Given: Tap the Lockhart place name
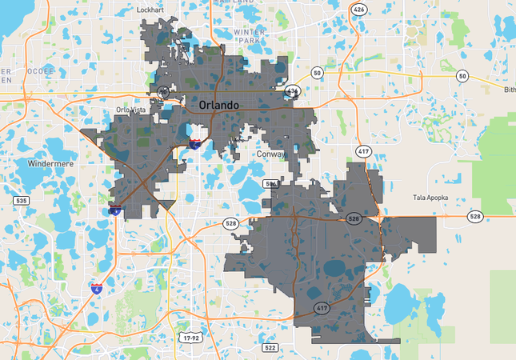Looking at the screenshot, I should (150, 10).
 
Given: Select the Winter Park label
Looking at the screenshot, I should (250, 35).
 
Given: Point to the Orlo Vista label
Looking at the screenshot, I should (134, 110).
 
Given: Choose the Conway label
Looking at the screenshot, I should (271, 153).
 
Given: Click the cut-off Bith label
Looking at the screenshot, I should (510, 90).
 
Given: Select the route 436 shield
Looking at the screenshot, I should (292, 91).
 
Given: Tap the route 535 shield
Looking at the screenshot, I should (22, 200).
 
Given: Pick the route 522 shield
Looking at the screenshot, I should (270, 347).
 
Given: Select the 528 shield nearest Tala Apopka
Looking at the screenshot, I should (475, 216).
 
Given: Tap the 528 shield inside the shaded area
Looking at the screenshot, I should (354, 218).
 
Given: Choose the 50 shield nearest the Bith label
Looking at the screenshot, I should (462, 75).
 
